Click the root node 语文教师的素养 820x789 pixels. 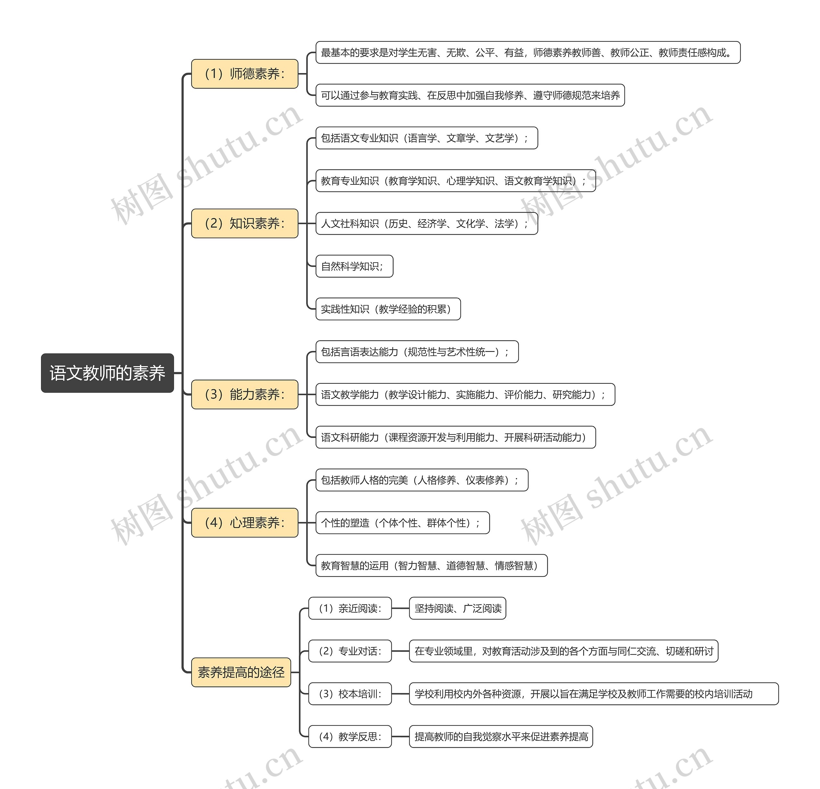coord(107,373)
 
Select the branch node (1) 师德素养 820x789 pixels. coord(244,74)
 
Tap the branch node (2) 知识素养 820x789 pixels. coord(244,223)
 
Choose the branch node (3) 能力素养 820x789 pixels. coord(244,394)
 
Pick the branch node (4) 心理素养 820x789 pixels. coord(244,522)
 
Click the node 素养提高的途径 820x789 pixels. coord(241,672)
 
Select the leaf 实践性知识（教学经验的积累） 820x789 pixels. coord(388,309)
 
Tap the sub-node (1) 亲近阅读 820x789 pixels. coord(350,608)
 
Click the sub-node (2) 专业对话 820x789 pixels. coord(350,651)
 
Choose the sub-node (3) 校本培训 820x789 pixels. coord(350,693)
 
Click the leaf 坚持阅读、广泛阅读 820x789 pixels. coord(457,608)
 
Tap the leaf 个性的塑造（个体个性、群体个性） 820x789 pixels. coord(402,522)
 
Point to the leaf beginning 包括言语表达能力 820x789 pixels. coord(417,351)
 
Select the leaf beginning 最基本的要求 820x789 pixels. coord(528,52)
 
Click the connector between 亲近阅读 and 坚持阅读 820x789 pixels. coord(400,608)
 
